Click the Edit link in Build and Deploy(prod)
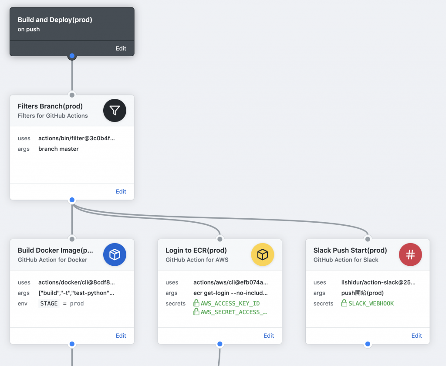[121, 48]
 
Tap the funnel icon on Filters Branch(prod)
[115, 110]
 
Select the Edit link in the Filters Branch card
[121, 192]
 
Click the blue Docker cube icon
[115, 254]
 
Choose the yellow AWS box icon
[263, 254]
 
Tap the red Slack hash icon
[410, 254]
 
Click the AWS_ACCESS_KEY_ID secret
[226, 303]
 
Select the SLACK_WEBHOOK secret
[368, 303]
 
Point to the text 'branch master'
[58, 149]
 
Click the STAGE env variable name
[49, 303]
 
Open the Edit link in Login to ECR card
[268, 335]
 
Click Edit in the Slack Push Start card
[416, 335]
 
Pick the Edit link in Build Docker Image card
[121, 335]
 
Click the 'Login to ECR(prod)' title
[196, 250]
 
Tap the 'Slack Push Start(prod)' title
[350, 250]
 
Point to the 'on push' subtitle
[29, 29]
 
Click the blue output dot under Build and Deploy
[72, 56]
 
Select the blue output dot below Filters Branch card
[72, 200]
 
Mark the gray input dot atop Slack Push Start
[368, 239]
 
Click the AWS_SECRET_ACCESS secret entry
[230, 312]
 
